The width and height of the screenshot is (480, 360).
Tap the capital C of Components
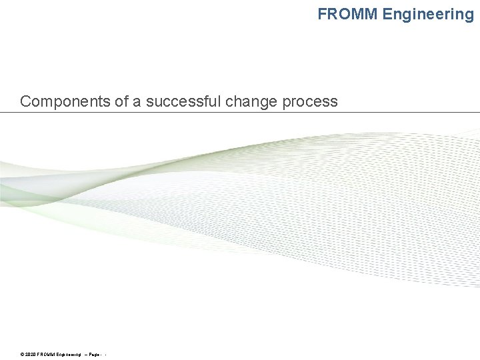click(25, 101)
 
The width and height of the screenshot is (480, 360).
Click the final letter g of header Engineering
click(469, 15)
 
